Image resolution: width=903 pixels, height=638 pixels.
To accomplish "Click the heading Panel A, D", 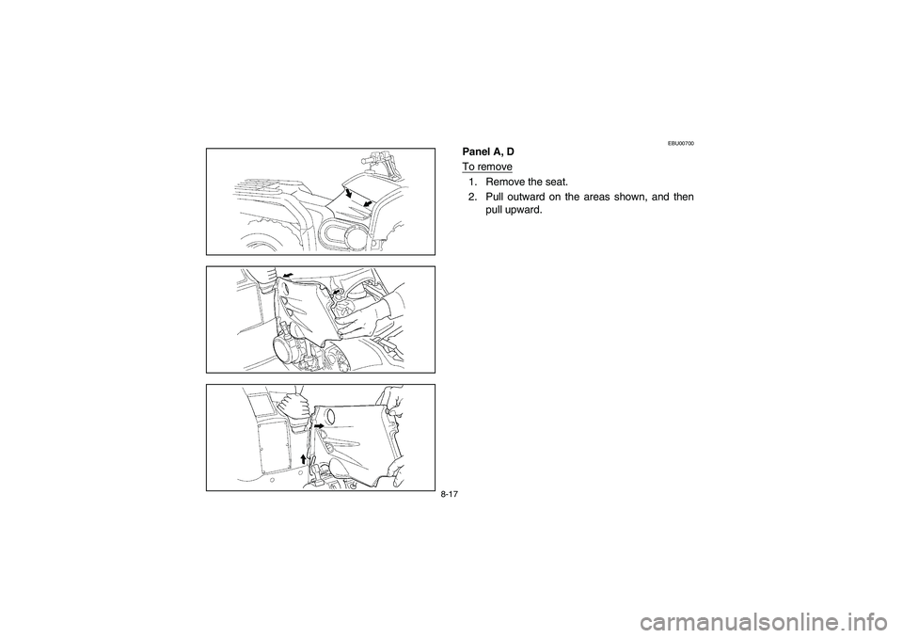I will pyautogui.click(x=488, y=152).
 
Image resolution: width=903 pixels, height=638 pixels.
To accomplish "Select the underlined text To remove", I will pyautogui.click(x=486, y=167).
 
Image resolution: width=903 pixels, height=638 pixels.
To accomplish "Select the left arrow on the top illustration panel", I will pyautogui.click(x=349, y=192).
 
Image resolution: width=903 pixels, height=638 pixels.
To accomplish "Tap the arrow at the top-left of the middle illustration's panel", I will pyautogui.click(x=287, y=277).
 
